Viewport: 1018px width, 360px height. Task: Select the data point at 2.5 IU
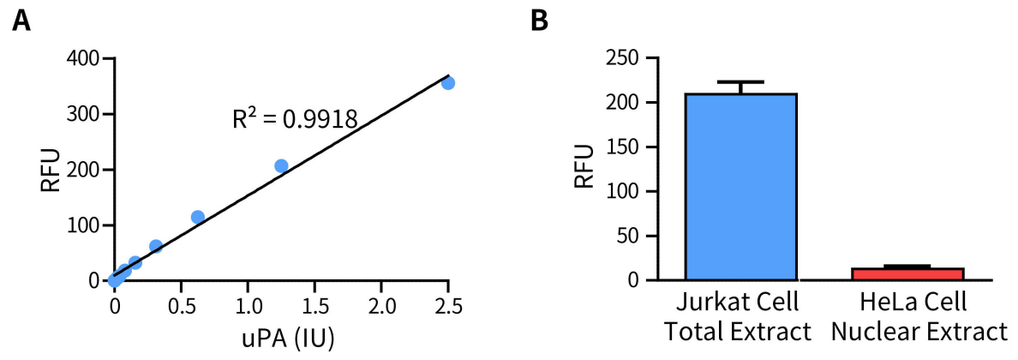(x=447, y=83)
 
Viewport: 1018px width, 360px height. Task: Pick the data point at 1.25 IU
(x=281, y=165)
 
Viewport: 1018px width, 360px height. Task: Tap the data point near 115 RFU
(x=197, y=218)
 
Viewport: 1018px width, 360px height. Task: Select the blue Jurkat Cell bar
(x=741, y=186)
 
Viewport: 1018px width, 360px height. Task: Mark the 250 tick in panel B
(x=627, y=58)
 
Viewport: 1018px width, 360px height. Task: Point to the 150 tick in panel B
(x=627, y=147)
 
